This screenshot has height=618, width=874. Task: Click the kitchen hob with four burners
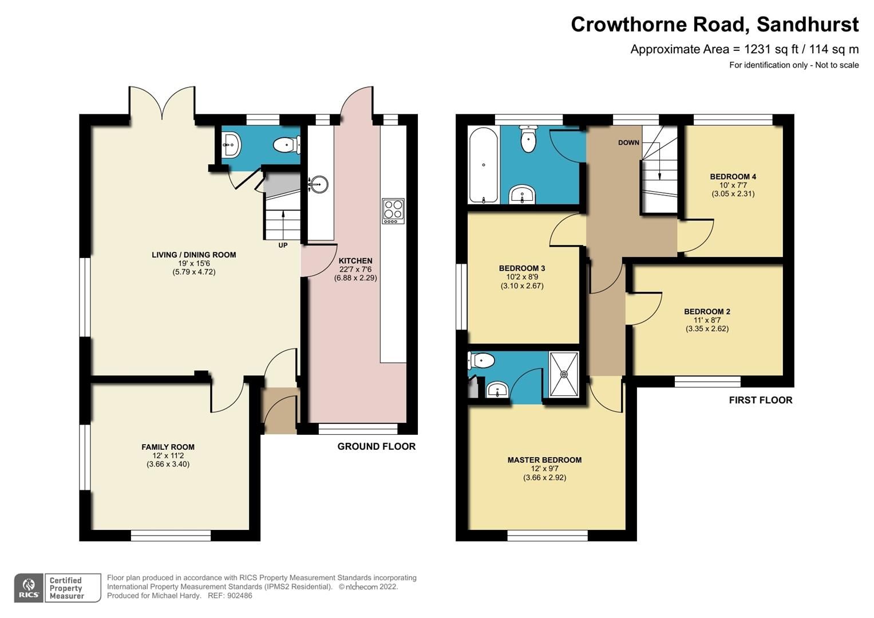coord(393,211)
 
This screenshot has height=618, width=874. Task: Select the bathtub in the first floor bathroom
coord(484,165)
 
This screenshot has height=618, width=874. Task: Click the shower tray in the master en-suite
coord(564,374)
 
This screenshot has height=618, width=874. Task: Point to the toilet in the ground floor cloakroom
coord(287,145)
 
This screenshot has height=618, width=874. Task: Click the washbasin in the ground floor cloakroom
coord(231,145)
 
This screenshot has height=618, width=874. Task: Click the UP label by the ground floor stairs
coord(283,245)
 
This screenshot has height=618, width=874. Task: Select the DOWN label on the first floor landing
coord(628,142)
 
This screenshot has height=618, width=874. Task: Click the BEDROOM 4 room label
coord(733,176)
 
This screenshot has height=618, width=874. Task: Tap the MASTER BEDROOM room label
coord(544,459)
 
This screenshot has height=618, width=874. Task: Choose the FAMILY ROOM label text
coord(168,447)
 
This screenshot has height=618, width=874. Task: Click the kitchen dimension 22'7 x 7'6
coord(355,270)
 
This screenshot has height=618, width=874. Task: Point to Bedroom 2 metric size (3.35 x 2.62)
coord(707,329)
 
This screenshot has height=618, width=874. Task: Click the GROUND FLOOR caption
coord(376,446)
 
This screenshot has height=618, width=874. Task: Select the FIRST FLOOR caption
coord(760,400)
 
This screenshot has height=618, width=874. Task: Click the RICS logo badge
coord(29,588)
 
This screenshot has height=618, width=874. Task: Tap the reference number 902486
coord(239,596)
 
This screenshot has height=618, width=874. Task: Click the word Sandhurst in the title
coord(807,25)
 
